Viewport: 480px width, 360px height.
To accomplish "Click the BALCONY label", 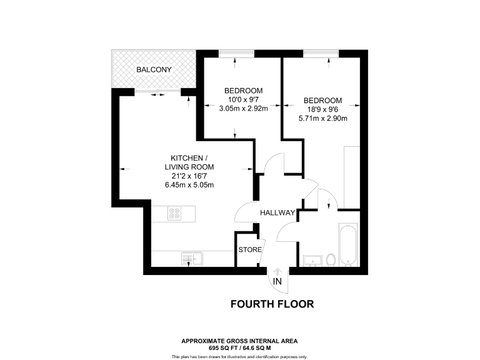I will [x=154, y=69].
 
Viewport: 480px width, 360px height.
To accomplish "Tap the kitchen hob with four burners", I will [x=174, y=214].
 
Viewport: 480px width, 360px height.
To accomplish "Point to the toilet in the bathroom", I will [x=331, y=259].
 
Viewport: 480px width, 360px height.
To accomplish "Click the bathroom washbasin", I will [x=311, y=259].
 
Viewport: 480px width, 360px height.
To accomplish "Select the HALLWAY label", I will [x=277, y=213].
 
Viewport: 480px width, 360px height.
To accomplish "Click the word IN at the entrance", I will [x=277, y=282].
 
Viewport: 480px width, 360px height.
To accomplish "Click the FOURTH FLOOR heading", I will [x=272, y=304].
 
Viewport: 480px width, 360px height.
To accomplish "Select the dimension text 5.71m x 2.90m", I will [x=322, y=118].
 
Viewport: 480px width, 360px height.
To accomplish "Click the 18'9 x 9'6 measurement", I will [x=322, y=109].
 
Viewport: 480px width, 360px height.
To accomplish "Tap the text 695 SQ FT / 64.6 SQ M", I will [x=239, y=347].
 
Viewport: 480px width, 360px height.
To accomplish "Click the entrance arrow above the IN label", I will [x=277, y=271].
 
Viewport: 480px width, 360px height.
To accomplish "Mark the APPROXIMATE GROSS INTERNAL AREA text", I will [x=239, y=341].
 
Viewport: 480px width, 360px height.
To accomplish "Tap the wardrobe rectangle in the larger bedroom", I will [x=352, y=177].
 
